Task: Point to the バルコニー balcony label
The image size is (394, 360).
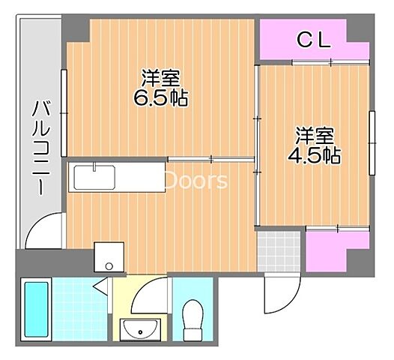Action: coord(37,150)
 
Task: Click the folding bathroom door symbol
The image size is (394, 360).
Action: coord(103,285)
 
